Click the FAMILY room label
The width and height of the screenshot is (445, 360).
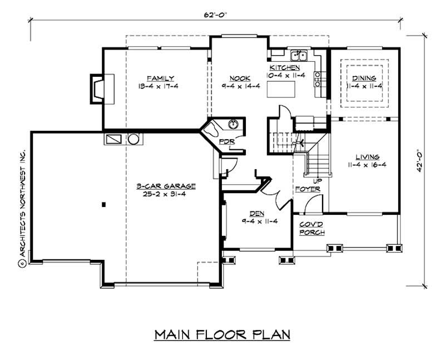click(161, 78)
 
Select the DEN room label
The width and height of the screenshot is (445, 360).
click(257, 213)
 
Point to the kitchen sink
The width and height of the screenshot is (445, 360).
click(299, 55)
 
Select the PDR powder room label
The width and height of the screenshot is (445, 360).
click(226, 141)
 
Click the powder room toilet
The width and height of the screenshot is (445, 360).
click(212, 130)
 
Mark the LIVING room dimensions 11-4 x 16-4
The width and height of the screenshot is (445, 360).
click(367, 165)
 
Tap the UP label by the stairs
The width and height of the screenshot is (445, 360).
click(317, 181)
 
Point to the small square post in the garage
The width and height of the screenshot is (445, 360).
click(103, 205)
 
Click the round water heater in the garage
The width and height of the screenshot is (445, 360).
click(133, 139)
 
